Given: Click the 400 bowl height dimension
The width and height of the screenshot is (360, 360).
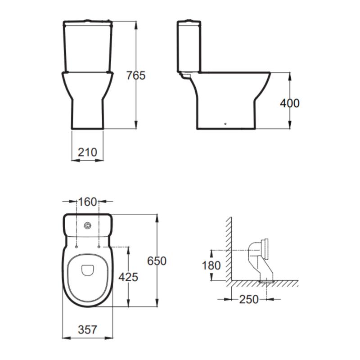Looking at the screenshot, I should pos(289,103).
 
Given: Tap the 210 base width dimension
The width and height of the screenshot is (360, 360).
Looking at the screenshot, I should pos(87,152).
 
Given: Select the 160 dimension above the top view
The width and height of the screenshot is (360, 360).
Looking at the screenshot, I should pos(88,202).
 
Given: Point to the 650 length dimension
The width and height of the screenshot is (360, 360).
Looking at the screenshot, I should pos(157,261).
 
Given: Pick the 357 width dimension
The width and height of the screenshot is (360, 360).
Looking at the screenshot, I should pos(87,330).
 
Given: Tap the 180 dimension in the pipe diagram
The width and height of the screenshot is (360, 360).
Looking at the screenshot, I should pos(211,265).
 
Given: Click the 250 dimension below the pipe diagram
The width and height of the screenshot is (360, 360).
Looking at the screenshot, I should pos(248,298).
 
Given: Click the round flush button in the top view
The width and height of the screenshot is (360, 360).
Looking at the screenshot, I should pos(88,225).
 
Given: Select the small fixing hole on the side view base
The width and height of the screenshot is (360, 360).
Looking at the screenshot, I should pos(225,123).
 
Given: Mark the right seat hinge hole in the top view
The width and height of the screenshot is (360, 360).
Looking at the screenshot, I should pos(99,247).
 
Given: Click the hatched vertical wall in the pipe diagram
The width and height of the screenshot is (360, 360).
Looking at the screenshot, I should pos(229,247).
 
